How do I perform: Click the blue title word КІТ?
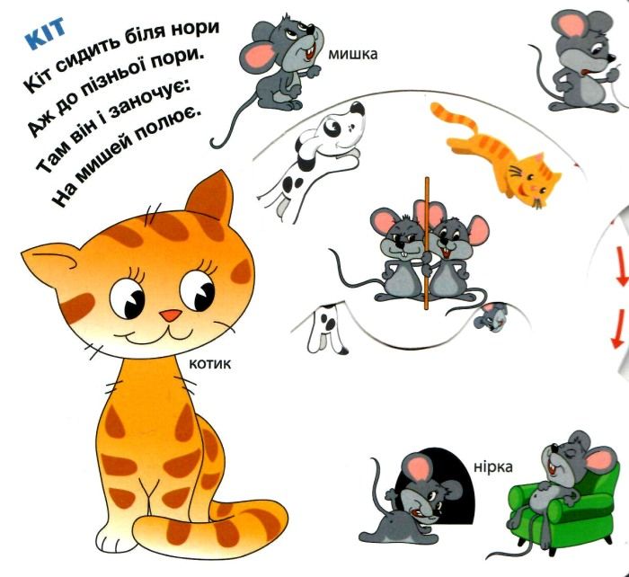pos(45,32)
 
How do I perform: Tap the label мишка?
pos(353,54)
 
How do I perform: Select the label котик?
pos(209,364)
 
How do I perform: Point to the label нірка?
pos(493,467)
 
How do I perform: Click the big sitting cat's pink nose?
pos(171,315)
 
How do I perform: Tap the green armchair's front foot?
pos(552,551)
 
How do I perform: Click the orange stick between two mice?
pos(427,244)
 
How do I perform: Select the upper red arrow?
pos(621,266)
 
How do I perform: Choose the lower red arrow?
pos(618,329)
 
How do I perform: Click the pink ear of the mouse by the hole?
pos(419,468)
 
